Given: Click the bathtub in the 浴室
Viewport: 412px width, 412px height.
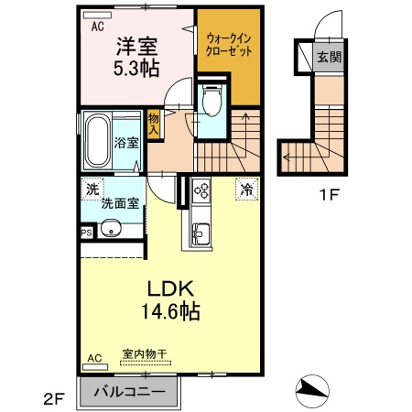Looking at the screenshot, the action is pos(97,141).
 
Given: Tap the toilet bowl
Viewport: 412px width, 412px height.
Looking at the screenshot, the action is pos(212,101).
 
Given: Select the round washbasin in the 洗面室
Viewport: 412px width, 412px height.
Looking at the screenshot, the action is pos(111,228).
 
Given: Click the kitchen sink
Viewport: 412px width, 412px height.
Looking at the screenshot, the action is pos(201,233).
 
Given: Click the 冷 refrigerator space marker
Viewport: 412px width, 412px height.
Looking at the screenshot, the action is pos(247,190).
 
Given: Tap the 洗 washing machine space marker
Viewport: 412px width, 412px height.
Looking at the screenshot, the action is pos(92,190).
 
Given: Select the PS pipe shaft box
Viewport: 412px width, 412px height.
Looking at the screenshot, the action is pos(87,233).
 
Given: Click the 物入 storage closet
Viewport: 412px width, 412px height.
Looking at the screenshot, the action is pos(154,124).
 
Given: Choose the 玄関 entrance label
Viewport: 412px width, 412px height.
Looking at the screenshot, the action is pos(329,57).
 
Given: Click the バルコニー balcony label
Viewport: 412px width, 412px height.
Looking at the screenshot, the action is pos(129,392).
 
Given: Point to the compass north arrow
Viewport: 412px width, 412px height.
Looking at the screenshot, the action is pos(312,391).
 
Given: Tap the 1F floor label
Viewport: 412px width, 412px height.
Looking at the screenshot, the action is pos(330,195).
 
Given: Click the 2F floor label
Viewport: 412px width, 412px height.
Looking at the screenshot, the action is pos(54,399).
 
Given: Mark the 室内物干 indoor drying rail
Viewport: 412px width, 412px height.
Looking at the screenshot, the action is pos(146,363).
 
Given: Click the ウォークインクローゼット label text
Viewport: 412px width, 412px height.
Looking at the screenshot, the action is pos(229,45).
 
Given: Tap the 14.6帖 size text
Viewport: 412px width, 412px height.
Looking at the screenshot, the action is pos(170,311).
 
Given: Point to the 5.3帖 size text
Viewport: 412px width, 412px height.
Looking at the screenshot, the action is pos(136,69).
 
